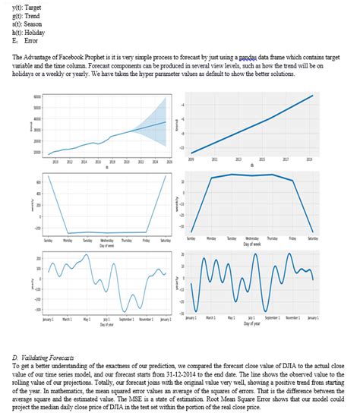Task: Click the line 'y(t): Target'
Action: tap(28, 6)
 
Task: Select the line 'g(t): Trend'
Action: tap(28, 14)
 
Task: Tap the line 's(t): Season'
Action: tap(29, 23)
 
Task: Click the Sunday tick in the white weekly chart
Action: tap(48, 238)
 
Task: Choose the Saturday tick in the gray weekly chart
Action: tap(312, 238)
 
